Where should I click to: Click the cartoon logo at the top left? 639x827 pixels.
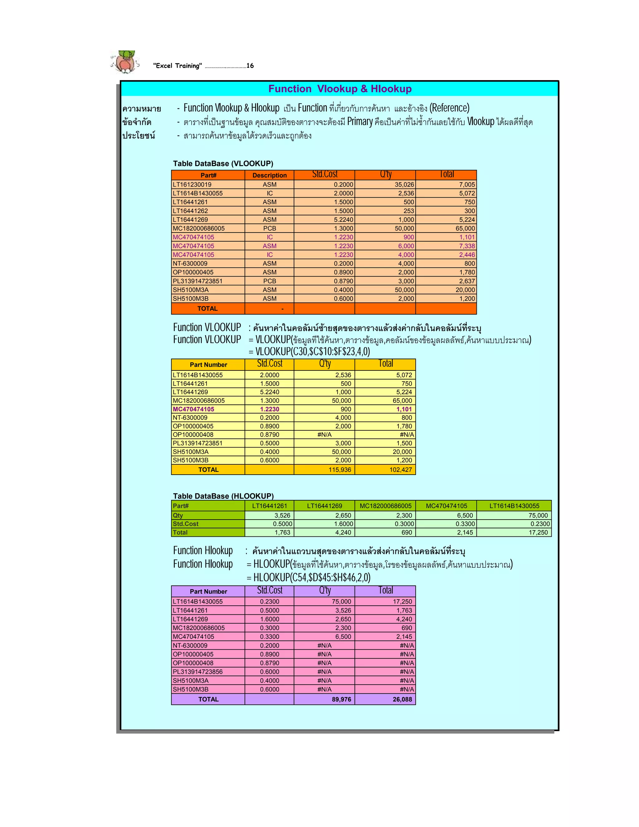point(125,62)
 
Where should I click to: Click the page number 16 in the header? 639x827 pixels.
point(250,66)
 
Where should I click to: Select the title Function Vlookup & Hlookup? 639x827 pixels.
point(339,89)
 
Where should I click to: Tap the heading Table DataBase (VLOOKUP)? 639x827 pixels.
point(223,164)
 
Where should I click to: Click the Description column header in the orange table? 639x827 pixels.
point(270,175)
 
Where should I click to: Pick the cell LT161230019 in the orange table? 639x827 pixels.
point(192,185)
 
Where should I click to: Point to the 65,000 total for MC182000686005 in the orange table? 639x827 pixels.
point(465,228)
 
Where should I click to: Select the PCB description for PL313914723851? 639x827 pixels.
point(270,281)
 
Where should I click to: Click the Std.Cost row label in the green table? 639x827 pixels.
point(186,524)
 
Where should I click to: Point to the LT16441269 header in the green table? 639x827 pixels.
point(324,506)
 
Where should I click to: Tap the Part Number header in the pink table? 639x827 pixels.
point(208,591)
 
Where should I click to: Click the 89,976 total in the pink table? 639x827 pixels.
point(341,699)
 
